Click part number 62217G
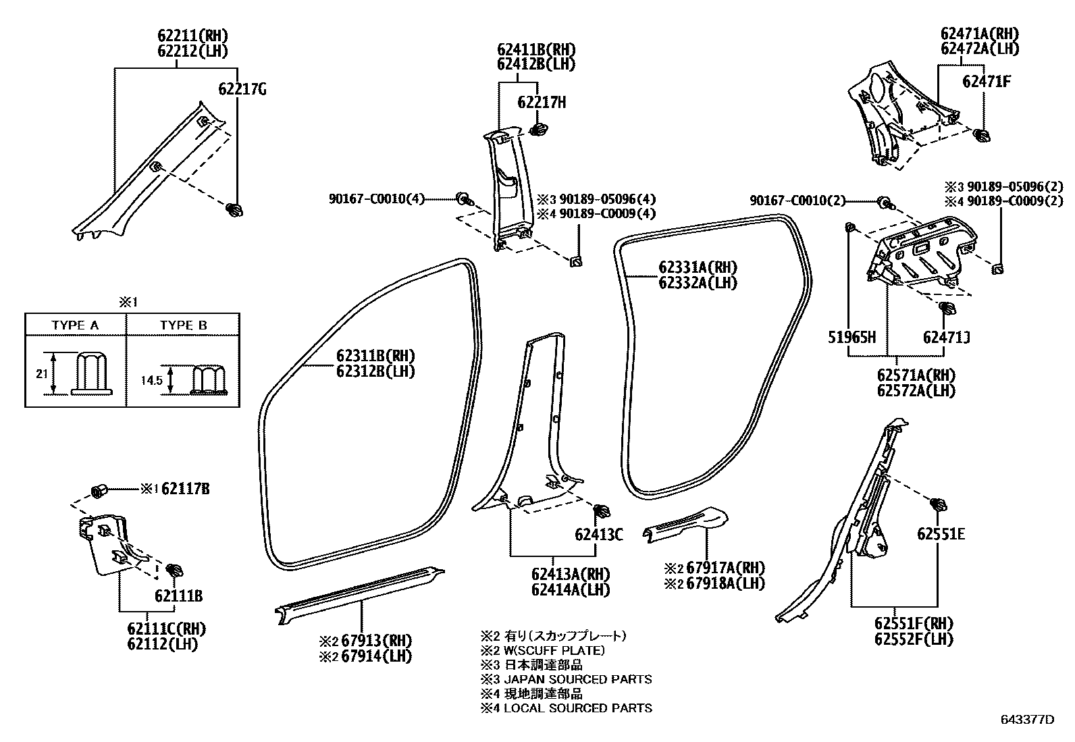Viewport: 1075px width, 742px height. (x=242, y=89)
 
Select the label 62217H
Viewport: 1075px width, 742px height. (x=542, y=103)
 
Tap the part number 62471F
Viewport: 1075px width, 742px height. (x=987, y=82)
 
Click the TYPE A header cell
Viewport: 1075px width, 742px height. (x=75, y=325)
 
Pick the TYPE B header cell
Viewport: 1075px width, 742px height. (x=183, y=325)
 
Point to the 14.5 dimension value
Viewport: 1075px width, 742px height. (x=152, y=381)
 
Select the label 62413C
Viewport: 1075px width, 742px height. (x=599, y=535)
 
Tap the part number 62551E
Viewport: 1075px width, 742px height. (x=941, y=535)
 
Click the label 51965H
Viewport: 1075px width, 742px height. (x=852, y=337)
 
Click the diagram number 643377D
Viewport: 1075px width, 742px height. (x=1027, y=720)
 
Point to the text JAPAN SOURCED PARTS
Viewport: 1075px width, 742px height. (x=578, y=679)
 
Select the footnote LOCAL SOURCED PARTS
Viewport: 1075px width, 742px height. (x=578, y=708)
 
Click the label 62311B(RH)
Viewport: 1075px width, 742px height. (x=376, y=356)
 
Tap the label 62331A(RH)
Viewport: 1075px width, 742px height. (x=698, y=267)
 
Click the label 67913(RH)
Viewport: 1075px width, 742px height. (x=376, y=641)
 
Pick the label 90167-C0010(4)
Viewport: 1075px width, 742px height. (x=377, y=199)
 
